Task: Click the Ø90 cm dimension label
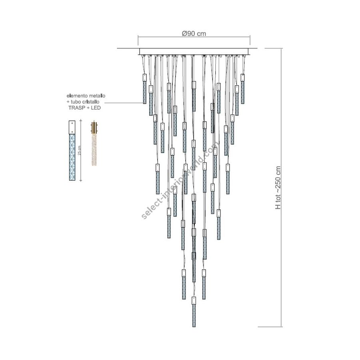(194, 34)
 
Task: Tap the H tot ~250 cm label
(278, 188)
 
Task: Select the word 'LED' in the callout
(96, 108)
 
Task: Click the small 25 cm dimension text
(79, 150)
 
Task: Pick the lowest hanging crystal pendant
(194, 312)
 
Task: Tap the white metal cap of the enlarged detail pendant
(72, 127)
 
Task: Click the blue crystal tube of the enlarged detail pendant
(72, 157)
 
